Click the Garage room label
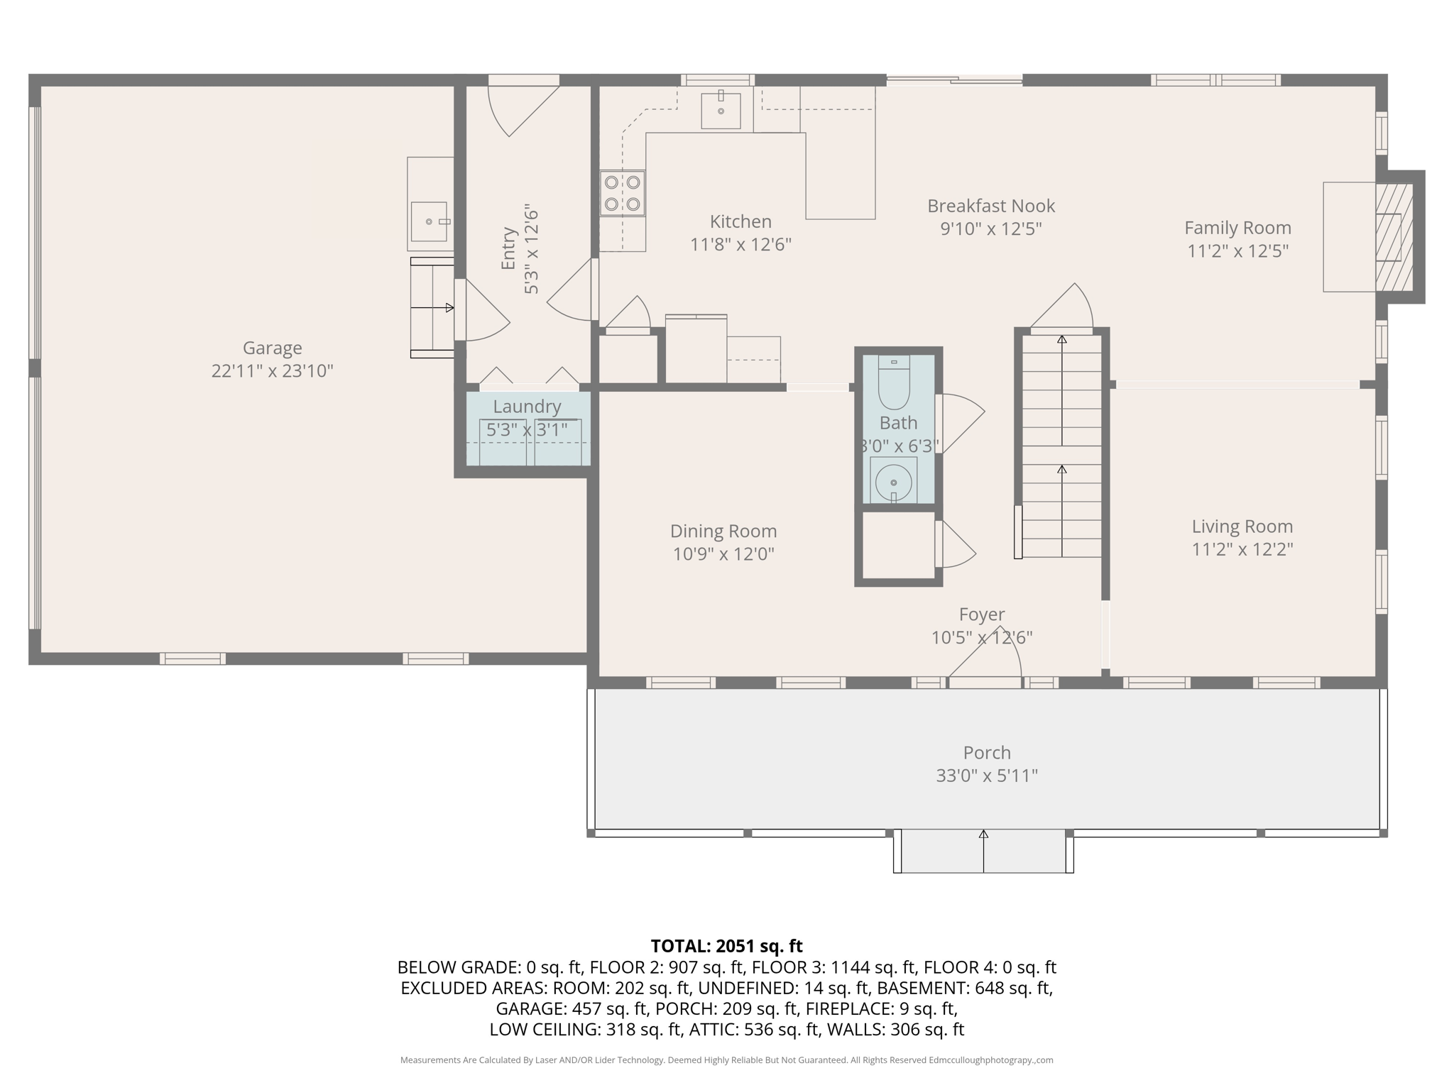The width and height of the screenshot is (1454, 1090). pyautogui.click(x=272, y=348)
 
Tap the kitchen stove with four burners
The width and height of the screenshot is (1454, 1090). pyautogui.click(x=622, y=193)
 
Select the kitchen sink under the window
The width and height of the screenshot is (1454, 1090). pyautogui.click(x=721, y=111)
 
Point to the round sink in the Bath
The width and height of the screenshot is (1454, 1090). pyautogui.click(x=893, y=482)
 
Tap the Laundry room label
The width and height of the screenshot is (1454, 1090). pyautogui.click(x=527, y=407)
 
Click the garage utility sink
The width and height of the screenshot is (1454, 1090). pyautogui.click(x=429, y=221)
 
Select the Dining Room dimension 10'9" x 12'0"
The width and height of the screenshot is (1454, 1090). pyautogui.click(x=723, y=554)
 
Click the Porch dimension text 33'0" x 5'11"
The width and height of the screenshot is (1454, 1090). pyautogui.click(x=986, y=776)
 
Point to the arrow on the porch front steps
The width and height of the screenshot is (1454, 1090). pyautogui.click(x=983, y=835)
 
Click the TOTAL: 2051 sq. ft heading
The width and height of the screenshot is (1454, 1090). pyautogui.click(x=726, y=946)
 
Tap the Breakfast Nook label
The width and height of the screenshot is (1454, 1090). pyautogui.click(x=990, y=206)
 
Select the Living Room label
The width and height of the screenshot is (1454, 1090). pyautogui.click(x=1242, y=527)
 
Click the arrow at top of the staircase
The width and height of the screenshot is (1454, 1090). pyautogui.click(x=1061, y=340)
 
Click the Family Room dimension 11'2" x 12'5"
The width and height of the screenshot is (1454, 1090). pyautogui.click(x=1237, y=251)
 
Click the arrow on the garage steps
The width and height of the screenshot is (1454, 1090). pyautogui.click(x=449, y=307)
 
